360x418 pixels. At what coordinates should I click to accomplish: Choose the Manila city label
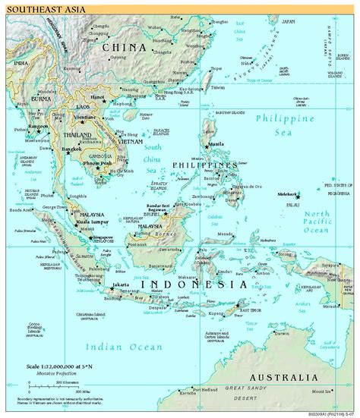(216, 143)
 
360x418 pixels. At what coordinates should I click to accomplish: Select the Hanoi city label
(97, 98)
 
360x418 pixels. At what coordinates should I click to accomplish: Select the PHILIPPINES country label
(202, 165)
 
